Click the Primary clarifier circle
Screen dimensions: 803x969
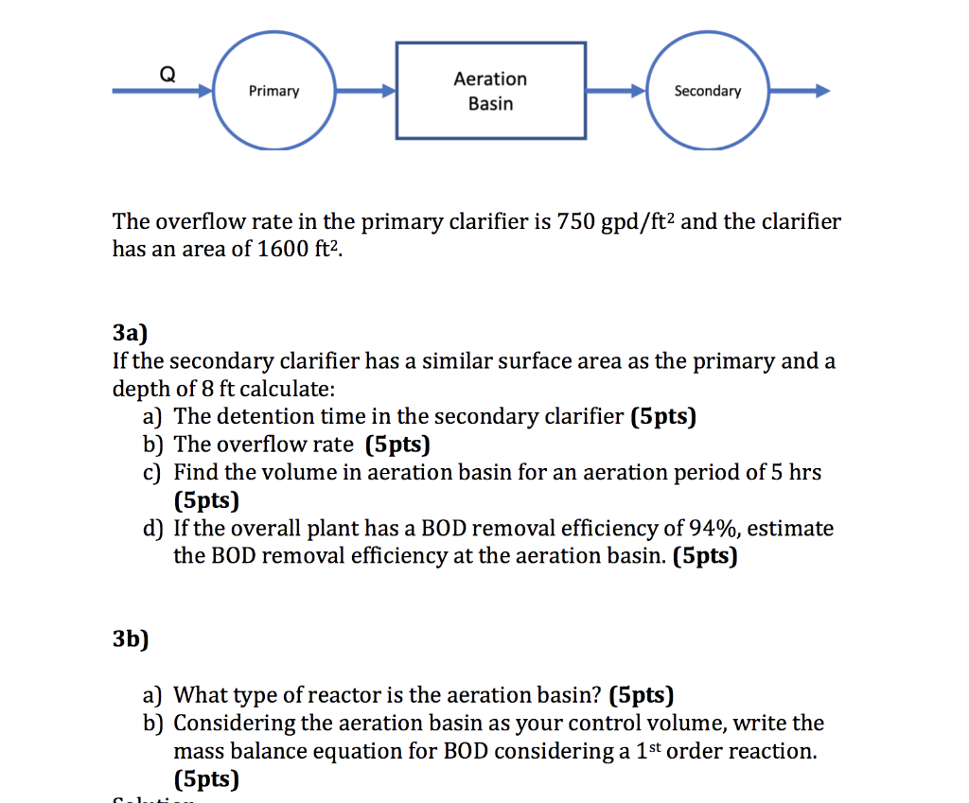coord(273,91)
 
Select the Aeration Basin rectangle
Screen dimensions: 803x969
coord(490,91)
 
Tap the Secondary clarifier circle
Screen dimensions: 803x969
coord(707,91)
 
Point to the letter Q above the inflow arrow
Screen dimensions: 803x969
coord(166,73)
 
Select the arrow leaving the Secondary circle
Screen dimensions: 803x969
coord(799,91)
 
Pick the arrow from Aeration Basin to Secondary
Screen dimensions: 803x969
coord(616,91)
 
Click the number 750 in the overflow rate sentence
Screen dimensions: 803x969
coord(576,222)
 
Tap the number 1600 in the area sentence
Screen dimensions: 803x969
coord(283,250)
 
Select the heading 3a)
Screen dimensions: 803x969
coord(131,332)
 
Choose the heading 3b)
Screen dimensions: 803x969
coord(131,638)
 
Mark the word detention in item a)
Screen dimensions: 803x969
coord(263,416)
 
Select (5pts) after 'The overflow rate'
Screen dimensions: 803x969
coord(396,444)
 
